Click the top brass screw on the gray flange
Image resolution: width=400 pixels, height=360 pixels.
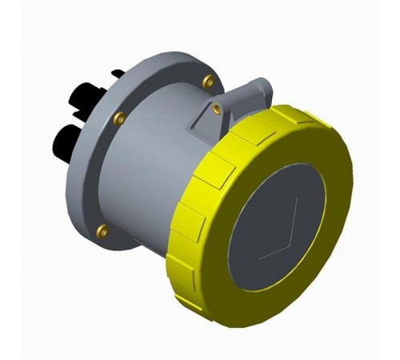click(208, 80)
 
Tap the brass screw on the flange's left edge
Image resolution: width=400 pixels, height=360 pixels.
click(119, 118)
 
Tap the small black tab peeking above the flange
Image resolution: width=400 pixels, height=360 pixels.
click(118, 74)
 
